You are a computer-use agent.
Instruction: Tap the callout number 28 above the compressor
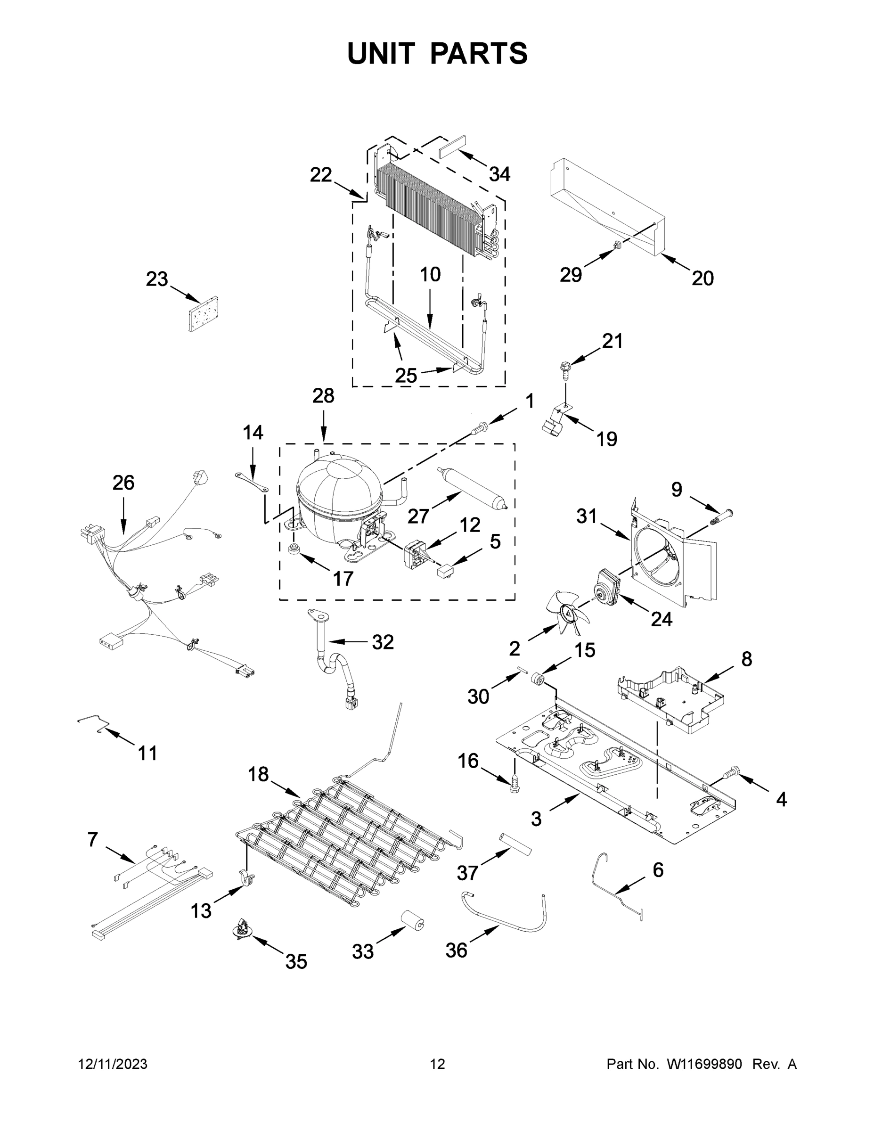pyautogui.click(x=323, y=396)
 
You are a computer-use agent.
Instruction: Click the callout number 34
pyautogui.click(x=499, y=174)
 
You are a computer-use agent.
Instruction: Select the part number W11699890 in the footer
pyautogui.click(x=704, y=1064)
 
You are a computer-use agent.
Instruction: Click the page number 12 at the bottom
pyautogui.click(x=437, y=1064)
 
